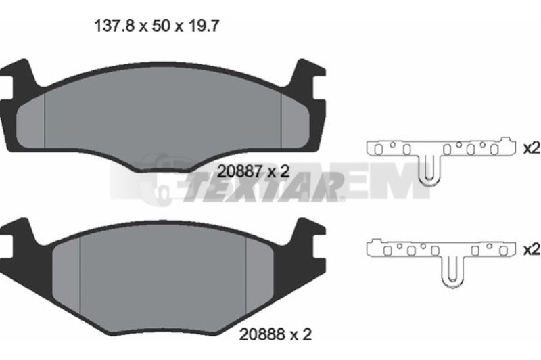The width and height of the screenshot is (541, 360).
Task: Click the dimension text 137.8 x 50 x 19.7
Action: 156,26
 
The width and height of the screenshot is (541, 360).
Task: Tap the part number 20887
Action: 241,171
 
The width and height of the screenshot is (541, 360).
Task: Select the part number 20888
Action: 263,334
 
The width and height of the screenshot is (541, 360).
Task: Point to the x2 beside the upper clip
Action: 532,148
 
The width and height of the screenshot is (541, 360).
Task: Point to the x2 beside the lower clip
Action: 532,249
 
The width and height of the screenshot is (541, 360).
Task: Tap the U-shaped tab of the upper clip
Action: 429,169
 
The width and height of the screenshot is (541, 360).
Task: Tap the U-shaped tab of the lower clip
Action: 452,271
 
